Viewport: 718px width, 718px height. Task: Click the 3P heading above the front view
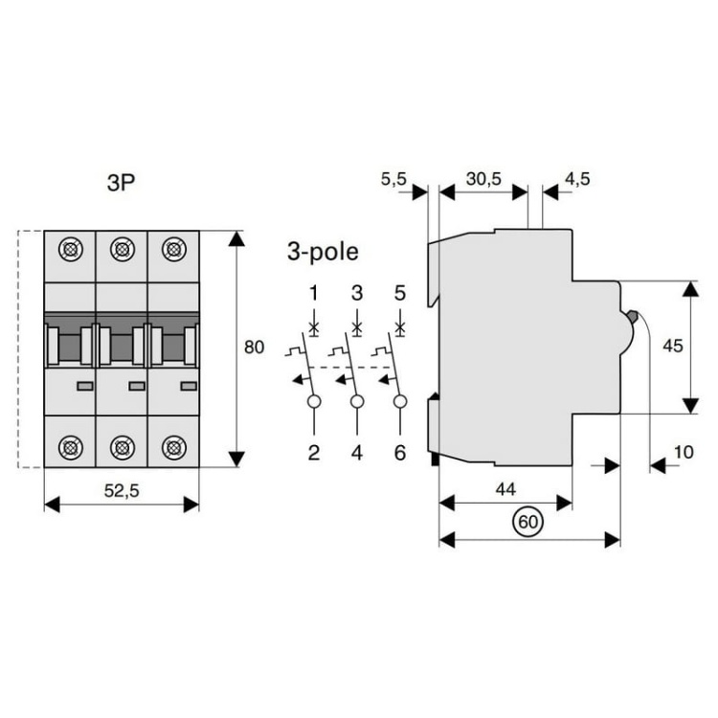[122, 183]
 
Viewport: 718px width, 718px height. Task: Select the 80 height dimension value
[254, 348]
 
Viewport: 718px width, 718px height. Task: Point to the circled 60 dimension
[526, 522]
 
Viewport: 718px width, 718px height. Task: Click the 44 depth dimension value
[505, 488]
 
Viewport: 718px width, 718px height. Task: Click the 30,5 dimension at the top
[484, 177]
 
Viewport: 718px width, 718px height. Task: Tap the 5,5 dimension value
[393, 177]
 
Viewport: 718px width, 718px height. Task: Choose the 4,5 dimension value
[578, 177]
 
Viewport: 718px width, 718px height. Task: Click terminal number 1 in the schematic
[313, 293]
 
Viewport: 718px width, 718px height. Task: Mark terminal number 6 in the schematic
[400, 452]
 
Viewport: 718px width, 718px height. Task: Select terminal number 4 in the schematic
[357, 452]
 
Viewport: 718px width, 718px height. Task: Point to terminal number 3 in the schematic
[357, 293]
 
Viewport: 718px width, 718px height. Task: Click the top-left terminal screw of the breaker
[70, 251]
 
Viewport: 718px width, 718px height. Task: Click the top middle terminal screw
[122, 251]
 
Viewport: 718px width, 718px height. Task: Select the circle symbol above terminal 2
[313, 401]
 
